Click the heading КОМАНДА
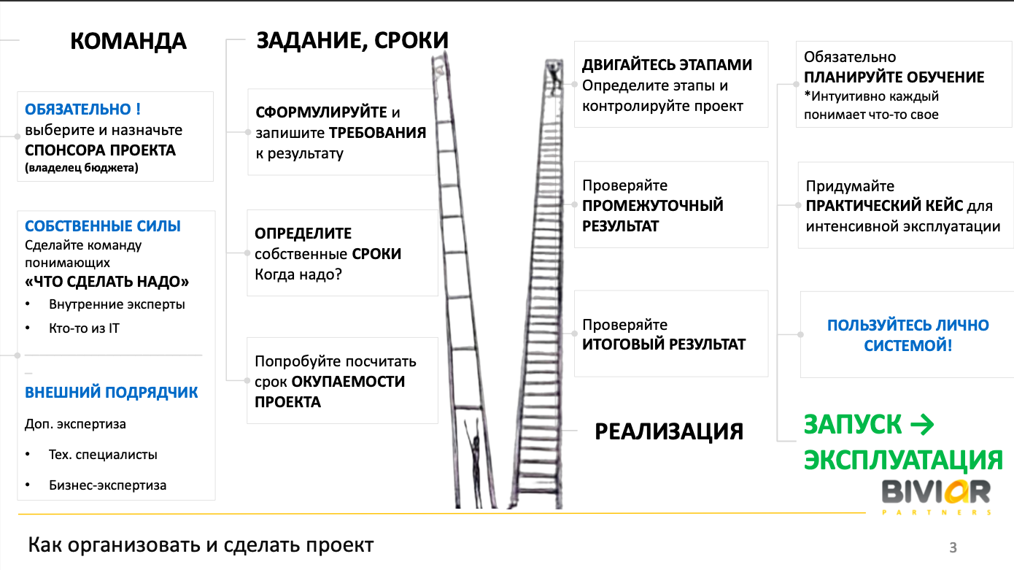128,41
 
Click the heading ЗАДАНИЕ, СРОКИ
352,41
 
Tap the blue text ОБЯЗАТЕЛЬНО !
83,109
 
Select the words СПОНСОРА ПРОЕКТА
100,150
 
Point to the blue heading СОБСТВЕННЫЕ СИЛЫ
103,226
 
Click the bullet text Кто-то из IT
84,328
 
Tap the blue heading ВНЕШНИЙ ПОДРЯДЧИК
112,392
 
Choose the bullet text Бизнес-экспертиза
108,485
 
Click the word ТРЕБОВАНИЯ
377,133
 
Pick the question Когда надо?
298,274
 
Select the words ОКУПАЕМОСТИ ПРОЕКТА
330,392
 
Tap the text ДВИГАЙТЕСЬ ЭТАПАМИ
667,65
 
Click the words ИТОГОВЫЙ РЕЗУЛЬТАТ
664,344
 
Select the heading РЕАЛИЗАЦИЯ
669,431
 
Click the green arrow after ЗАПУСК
921,424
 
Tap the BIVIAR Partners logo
936,497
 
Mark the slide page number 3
953,547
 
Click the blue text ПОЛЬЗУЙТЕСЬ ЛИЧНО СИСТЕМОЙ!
908,335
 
